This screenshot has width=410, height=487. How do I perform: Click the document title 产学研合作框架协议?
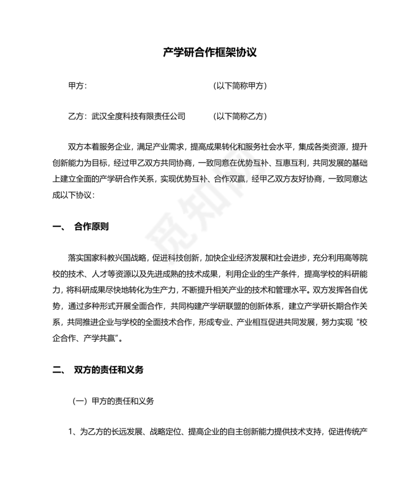210,52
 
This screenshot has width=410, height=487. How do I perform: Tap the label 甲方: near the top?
77,86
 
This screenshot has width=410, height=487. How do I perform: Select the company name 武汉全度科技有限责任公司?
138,117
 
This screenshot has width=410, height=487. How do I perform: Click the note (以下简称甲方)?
240,86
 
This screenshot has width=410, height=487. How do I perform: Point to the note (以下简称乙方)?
240,117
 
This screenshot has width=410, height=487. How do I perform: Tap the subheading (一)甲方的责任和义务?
113,401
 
